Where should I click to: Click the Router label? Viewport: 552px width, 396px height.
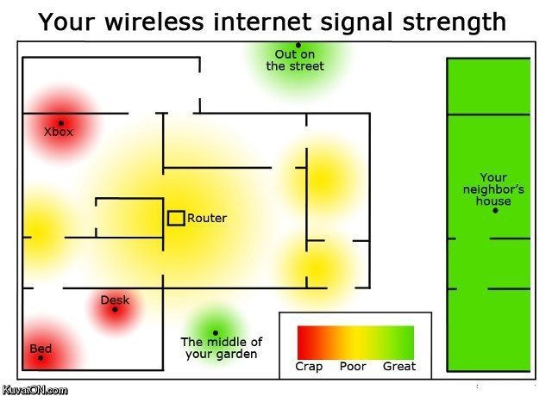tap(207, 218)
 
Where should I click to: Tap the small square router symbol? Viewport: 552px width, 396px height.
tap(176, 218)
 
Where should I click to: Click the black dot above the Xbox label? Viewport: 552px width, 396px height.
tap(61, 122)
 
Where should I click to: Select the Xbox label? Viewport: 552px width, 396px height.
tap(59, 132)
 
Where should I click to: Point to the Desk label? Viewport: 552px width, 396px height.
tap(115, 300)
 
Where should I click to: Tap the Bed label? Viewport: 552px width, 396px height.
tap(41, 349)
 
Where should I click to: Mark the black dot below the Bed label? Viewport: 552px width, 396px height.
tap(41, 358)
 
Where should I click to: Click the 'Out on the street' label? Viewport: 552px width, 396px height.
tap(295, 60)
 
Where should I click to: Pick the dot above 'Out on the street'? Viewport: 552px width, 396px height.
tap(298, 45)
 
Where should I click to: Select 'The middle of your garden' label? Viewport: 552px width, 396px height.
tap(221, 348)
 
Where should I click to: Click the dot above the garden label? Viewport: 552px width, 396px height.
tap(215, 332)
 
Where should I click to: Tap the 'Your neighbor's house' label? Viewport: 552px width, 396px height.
tap(493, 189)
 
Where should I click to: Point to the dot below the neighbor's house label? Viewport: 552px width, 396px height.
tap(495, 210)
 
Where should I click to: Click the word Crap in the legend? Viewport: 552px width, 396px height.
tap(309, 367)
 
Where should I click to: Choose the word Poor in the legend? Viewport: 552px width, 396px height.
tap(353, 367)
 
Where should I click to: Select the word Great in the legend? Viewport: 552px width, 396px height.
tap(399, 367)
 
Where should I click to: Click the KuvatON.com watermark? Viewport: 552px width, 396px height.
tap(34, 390)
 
